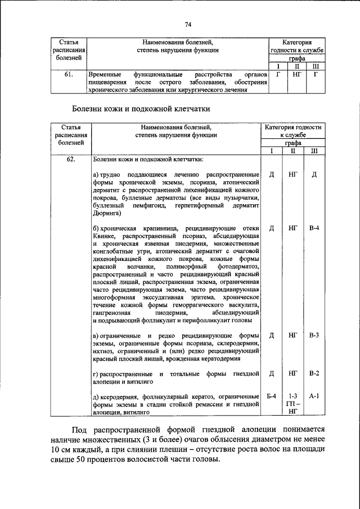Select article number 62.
70,159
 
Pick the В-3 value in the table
314,336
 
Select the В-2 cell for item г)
314,373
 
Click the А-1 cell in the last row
314,397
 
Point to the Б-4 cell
271,397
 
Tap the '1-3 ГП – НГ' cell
292,404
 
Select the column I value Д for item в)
271,336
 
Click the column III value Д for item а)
314,174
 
